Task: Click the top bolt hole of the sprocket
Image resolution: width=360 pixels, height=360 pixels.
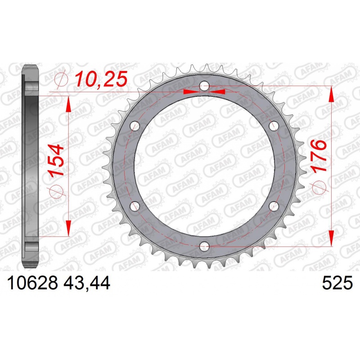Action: coord(204,86)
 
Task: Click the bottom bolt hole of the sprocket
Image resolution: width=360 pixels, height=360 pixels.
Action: coord(204,246)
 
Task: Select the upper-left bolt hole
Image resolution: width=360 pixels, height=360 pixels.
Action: coord(135,126)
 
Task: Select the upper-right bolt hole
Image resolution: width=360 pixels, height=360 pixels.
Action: coord(274,126)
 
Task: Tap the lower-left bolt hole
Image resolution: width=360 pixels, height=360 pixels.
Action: coord(135,206)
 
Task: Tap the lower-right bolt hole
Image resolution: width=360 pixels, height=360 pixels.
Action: coord(274,206)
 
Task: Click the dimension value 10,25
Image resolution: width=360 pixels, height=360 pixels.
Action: coord(101,79)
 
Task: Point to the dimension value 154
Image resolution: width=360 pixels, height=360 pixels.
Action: coord(56,161)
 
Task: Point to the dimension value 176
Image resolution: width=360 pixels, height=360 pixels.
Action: coord(318,156)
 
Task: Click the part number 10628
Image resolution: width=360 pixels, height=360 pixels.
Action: coord(32,283)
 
